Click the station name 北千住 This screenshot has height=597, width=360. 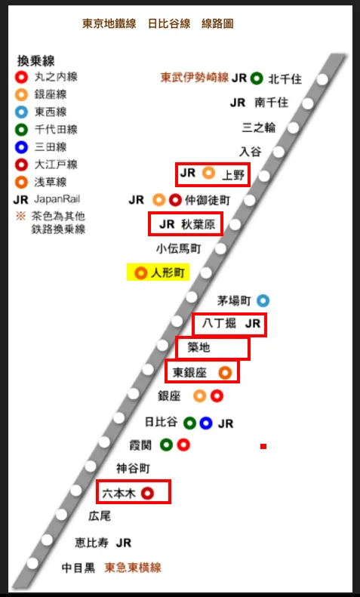[285, 78]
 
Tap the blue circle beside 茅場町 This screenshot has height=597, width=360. [263, 300]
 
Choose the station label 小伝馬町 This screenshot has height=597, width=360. [179, 248]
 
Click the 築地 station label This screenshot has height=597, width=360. [198, 348]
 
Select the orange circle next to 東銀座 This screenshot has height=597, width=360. [224, 372]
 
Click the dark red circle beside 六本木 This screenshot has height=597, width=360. [148, 493]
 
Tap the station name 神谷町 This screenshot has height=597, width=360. [134, 468]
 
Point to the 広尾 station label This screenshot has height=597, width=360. [100, 517]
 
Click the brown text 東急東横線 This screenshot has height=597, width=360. [133, 567]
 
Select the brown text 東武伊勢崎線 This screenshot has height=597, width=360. [194, 78]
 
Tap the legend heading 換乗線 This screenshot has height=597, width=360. [35, 60]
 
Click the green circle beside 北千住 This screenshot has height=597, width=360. [257, 78]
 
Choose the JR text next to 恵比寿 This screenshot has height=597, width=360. [124, 542]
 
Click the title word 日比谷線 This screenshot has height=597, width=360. [169, 23]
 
